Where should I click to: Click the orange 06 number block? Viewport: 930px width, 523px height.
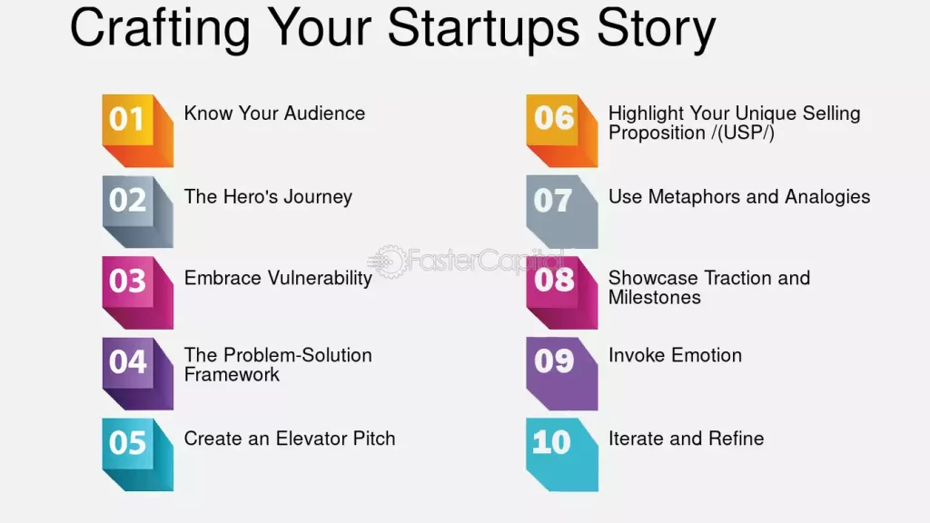pos(561,131)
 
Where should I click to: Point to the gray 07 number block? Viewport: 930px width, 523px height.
pos(561,212)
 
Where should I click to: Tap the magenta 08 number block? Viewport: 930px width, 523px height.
pos(561,292)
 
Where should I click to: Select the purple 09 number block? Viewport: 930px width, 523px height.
pos(561,373)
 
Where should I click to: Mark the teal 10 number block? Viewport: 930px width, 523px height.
pos(561,455)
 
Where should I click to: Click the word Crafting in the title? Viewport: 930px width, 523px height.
pos(160,29)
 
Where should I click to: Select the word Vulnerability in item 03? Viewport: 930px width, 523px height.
pos(320,278)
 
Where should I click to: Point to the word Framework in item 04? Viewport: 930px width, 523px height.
pos(232,374)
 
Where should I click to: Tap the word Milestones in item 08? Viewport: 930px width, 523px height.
pos(654,297)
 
